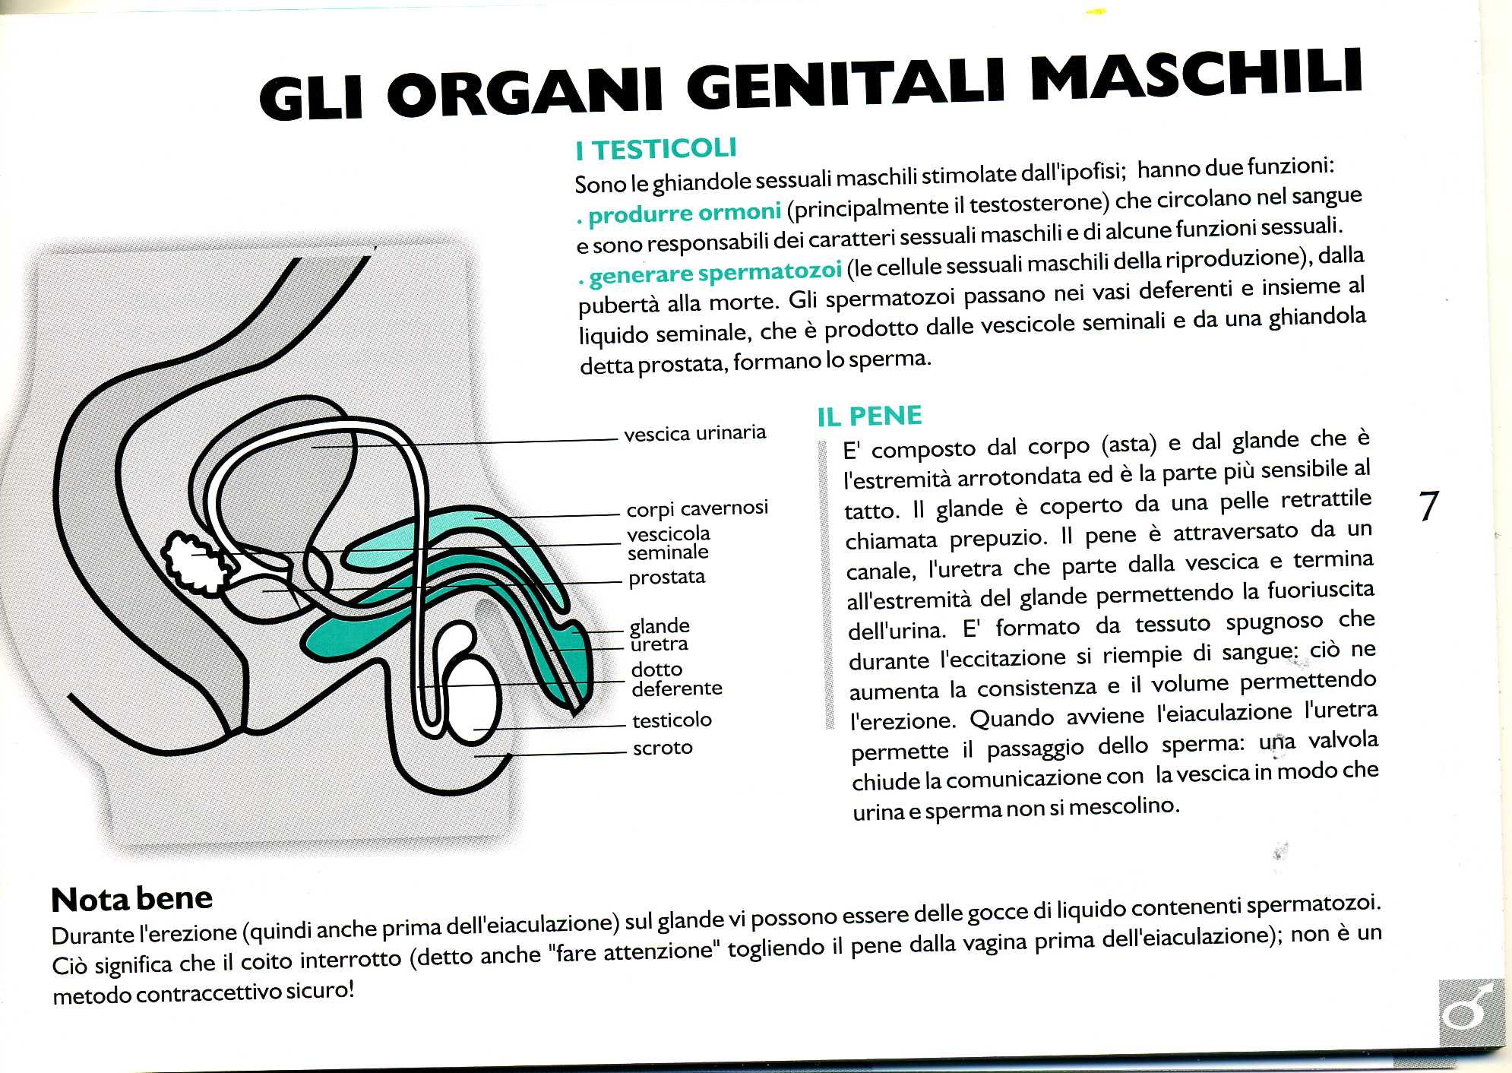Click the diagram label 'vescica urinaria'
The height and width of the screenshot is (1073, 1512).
point(694,434)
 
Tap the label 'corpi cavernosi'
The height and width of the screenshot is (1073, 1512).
point(697,508)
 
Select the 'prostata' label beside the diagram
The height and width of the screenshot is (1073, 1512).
point(666,578)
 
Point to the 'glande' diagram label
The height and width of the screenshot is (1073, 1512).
point(660,626)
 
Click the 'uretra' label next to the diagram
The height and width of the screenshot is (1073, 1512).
point(659,644)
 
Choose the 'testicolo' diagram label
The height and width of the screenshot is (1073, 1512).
point(672,720)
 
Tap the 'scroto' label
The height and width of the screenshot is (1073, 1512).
point(663,748)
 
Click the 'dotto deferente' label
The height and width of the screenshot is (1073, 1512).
point(675,679)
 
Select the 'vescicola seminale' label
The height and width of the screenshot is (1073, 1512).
point(668,543)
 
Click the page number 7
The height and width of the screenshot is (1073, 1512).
point(1428,506)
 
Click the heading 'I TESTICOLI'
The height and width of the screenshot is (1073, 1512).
point(656,149)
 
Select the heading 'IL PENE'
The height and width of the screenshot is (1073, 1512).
point(869,416)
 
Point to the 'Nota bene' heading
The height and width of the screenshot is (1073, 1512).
point(132,899)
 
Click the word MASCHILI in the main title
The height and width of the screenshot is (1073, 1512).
point(1196,76)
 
